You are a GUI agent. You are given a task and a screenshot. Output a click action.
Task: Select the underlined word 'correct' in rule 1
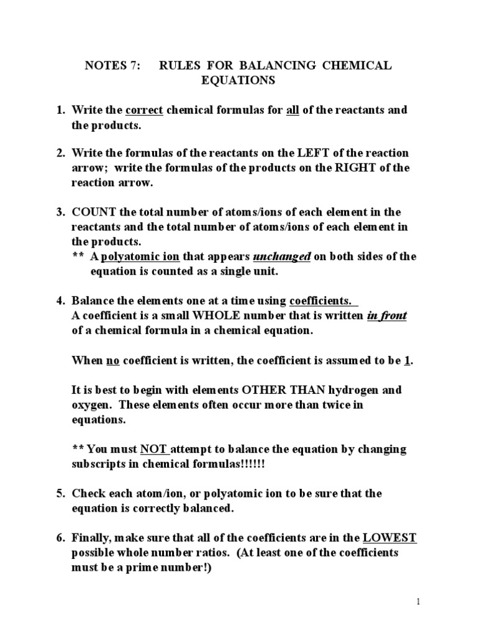click(x=144, y=110)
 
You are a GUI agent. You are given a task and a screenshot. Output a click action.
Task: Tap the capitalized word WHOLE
click(x=205, y=316)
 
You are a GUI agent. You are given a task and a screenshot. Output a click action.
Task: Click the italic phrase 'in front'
click(x=386, y=316)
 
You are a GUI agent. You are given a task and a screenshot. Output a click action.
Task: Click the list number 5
click(x=61, y=494)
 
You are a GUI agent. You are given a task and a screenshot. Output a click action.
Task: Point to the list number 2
click(x=61, y=153)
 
